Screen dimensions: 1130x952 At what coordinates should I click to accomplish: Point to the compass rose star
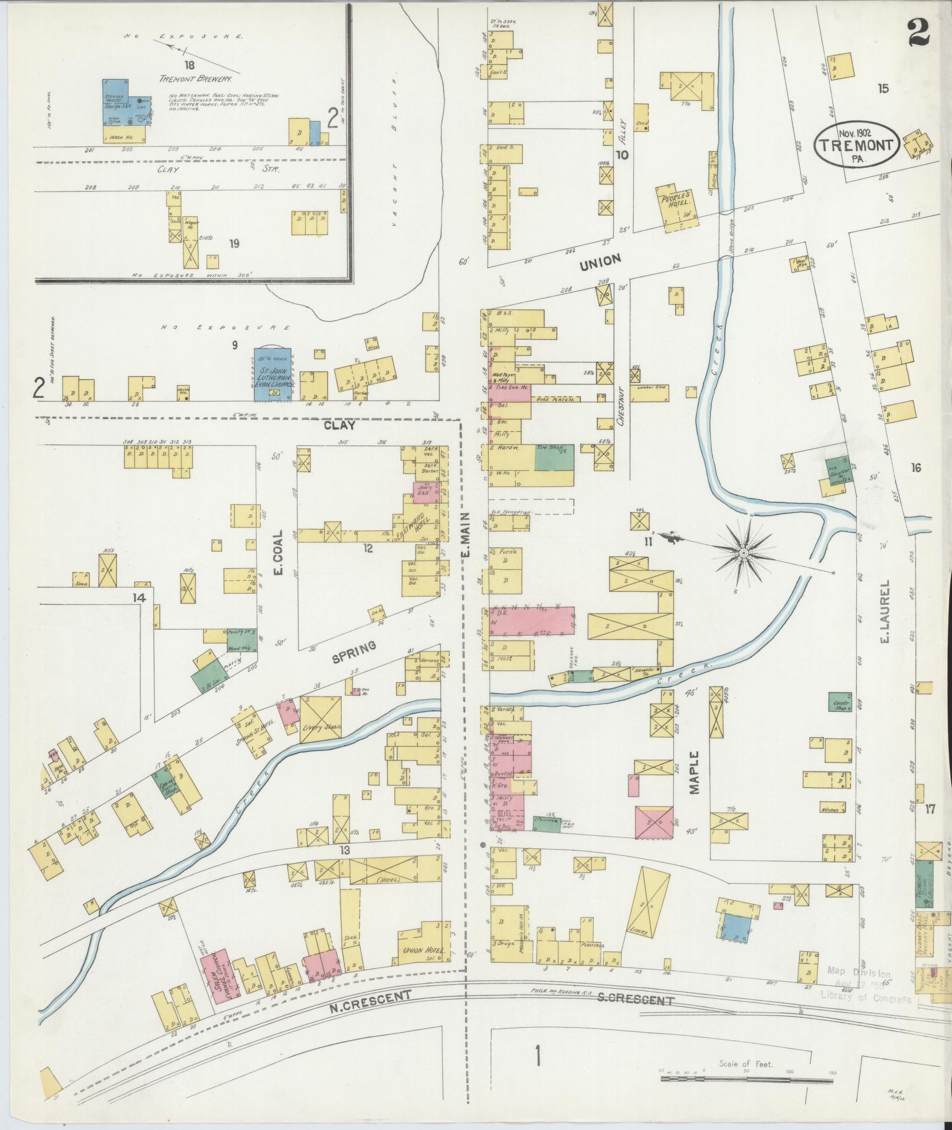point(744,552)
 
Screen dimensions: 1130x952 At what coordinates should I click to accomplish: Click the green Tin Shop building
point(554,457)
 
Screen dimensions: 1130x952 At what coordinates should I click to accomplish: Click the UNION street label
point(599,261)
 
